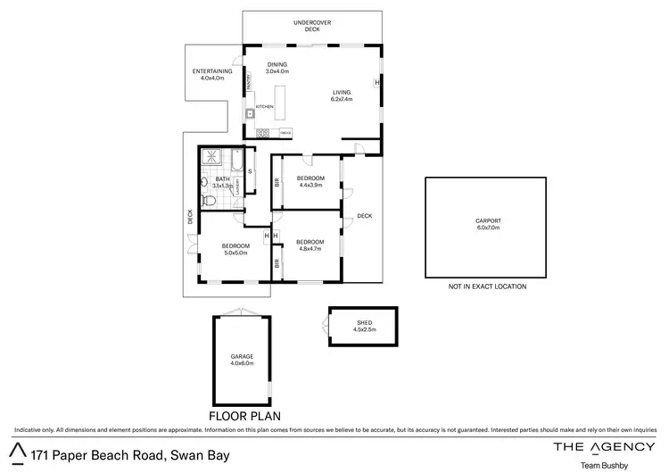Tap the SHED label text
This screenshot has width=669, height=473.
pos(364,323)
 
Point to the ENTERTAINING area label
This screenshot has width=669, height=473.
pos(213,72)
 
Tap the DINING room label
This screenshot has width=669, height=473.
pos(277,63)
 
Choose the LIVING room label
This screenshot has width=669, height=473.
pos(342,92)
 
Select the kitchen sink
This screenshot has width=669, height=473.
pos(252,113)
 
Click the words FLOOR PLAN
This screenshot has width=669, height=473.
pos(244,415)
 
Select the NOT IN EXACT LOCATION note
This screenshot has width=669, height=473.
pos(487,286)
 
